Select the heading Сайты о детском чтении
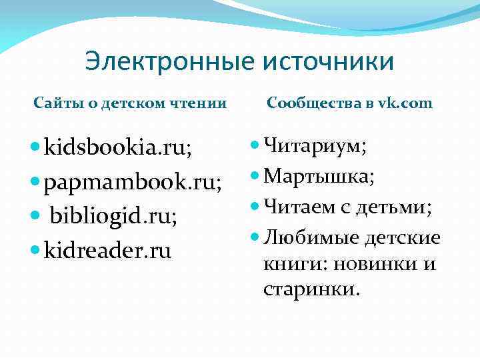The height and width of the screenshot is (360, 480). point(131,103)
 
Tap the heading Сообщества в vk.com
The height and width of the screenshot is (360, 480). point(349,103)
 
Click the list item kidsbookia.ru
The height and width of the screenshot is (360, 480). point(117,147)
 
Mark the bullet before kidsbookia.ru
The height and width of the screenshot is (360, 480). point(36,147)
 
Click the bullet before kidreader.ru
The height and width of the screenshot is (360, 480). point(36,251)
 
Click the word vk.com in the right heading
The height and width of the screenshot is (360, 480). point(405,103)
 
